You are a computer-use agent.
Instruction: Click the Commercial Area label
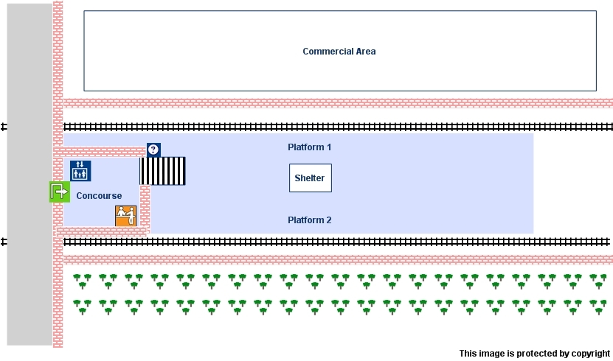pos(339,52)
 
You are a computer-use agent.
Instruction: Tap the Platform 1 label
pos(309,147)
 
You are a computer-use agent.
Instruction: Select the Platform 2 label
pos(309,220)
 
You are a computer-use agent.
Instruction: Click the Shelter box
pos(310,178)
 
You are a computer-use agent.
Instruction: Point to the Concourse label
pos(99,196)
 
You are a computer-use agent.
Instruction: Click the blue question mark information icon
pos(153,150)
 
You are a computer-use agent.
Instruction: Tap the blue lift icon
pos(80,171)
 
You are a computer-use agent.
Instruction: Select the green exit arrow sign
pos(59,192)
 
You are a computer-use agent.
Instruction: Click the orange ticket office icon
pos(126,216)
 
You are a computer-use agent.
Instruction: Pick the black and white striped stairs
pos(163,171)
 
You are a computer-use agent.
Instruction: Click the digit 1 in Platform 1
pos(328,147)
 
